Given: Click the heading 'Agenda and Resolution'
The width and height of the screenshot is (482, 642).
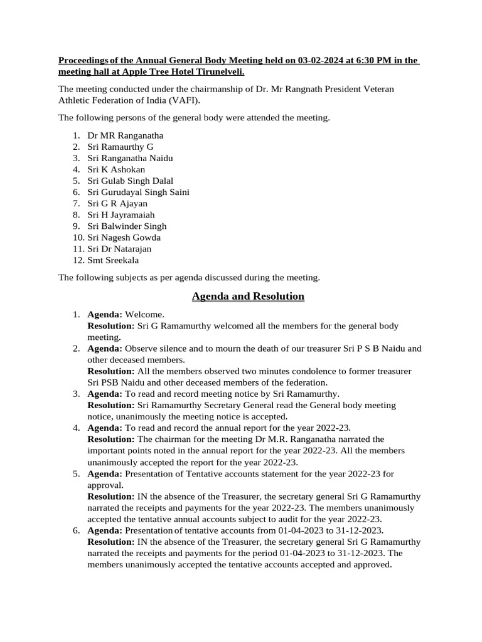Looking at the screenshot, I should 248,296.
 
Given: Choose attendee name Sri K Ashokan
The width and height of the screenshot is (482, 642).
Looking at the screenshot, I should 116,169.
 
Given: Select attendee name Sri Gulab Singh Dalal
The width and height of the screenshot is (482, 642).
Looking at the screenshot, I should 131,181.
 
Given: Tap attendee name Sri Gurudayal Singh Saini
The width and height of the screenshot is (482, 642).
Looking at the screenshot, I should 138,192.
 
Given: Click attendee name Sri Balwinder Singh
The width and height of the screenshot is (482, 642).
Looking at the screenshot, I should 127,226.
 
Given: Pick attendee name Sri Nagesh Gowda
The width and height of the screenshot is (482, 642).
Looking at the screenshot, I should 124,237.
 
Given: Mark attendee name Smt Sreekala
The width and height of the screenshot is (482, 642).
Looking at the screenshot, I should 113,260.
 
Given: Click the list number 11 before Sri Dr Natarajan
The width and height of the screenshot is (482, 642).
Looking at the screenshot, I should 77,248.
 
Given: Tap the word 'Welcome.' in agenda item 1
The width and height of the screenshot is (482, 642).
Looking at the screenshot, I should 145,314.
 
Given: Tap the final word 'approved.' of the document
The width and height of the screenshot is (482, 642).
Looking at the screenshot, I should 372,564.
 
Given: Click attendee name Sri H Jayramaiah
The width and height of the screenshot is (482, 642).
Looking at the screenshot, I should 120,214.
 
